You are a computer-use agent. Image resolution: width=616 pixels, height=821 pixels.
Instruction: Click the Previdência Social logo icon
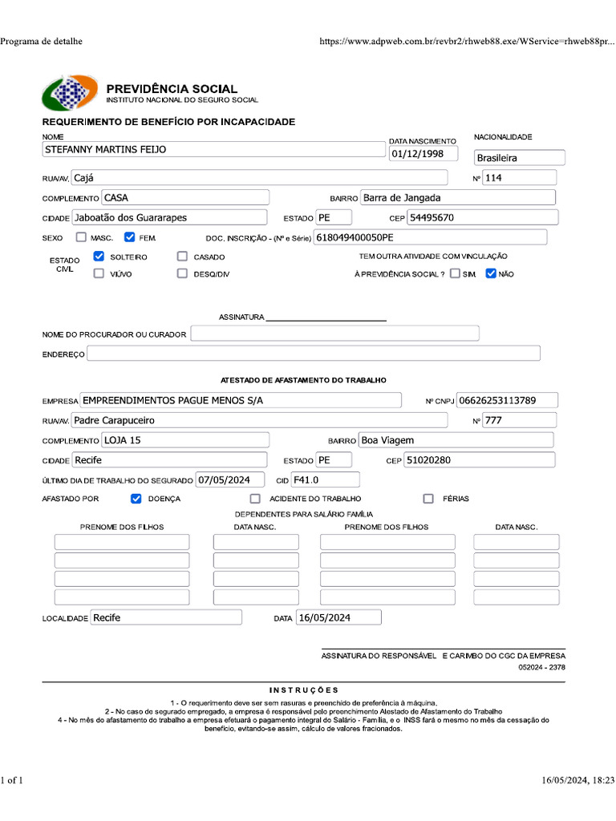tap(70, 93)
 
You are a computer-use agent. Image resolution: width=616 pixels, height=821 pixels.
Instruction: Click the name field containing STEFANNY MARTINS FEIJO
tap(213, 149)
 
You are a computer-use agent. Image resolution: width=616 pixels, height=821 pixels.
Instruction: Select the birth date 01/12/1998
tap(423, 154)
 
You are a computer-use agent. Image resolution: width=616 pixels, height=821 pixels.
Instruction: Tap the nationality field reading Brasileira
tap(519, 158)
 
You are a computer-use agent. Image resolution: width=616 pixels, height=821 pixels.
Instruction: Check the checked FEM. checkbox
tap(130, 237)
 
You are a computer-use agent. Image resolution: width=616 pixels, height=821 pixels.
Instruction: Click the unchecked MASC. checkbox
tap(81, 237)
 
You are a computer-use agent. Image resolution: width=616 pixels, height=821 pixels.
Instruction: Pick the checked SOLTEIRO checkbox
tap(99, 257)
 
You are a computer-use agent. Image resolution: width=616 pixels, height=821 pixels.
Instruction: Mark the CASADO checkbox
tap(182, 257)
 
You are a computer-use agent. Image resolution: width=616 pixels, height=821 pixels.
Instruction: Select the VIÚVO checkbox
tap(99, 273)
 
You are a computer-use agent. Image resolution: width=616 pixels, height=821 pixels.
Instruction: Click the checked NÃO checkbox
tap(491, 273)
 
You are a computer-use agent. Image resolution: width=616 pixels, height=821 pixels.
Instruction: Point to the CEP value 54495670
tap(482, 217)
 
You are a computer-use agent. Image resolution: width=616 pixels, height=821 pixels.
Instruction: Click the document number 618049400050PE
tap(430, 237)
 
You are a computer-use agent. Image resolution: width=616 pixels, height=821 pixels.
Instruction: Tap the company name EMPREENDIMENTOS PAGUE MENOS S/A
tap(241, 400)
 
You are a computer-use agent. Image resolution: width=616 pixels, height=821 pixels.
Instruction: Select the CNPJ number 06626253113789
tap(507, 400)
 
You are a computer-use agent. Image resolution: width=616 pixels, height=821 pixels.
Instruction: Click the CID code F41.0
tap(325, 480)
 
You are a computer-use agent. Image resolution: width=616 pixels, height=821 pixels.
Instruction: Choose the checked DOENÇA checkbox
tap(136, 499)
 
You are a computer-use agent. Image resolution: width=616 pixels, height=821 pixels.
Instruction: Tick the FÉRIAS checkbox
tap(428, 499)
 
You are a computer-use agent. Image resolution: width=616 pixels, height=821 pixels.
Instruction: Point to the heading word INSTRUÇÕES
tap(304, 690)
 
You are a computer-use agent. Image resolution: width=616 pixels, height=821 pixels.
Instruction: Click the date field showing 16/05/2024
tap(338, 617)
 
